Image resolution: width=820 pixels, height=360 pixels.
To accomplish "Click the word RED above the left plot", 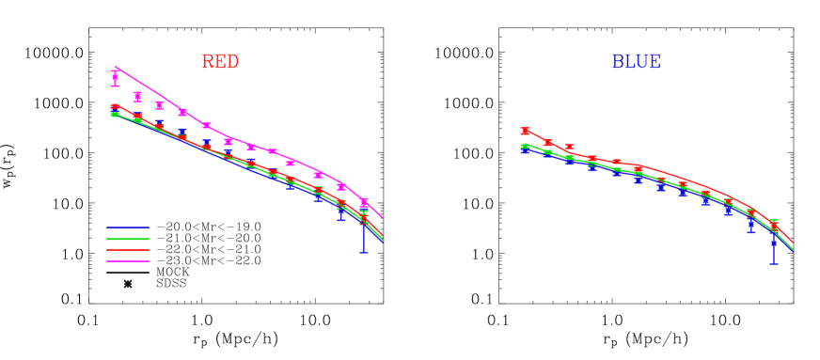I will point(220,63).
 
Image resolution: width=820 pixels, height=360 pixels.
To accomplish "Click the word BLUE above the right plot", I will point(636,63).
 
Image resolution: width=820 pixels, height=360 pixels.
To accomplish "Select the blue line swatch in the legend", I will point(128,227).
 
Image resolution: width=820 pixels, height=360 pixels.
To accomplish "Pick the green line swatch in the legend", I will point(128,239).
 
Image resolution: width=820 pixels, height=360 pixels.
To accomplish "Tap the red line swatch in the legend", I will point(128,250).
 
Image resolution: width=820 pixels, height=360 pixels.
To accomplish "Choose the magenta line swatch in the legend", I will point(128,260).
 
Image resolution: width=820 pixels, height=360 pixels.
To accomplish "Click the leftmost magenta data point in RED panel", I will point(115,78).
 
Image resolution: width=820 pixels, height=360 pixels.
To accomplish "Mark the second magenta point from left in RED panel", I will point(137,96).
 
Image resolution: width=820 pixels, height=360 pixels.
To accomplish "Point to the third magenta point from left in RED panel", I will point(160,105).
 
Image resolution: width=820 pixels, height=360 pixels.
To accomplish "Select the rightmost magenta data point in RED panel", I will point(364,202).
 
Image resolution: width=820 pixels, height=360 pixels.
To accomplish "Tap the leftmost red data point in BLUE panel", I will point(525,131).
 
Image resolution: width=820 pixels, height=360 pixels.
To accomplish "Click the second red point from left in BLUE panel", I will point(547,142).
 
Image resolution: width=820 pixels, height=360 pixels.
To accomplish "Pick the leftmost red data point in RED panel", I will point(115,107).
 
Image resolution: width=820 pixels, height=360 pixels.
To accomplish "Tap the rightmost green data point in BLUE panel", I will point(773,224).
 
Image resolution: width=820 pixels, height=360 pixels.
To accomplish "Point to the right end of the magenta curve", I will point(383,218).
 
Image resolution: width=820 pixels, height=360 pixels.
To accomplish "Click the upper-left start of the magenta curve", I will point(115,67).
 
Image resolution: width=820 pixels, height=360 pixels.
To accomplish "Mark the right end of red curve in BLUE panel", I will point(793,243).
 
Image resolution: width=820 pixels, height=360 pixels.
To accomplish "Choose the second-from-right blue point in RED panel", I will point(340,213).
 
